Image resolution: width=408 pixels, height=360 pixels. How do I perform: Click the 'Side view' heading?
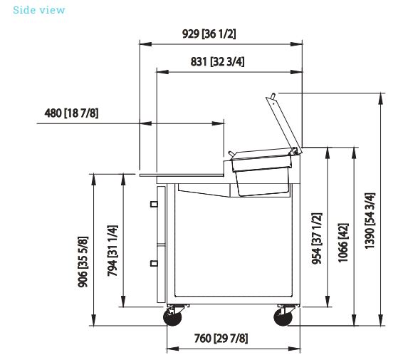tap(38, 10)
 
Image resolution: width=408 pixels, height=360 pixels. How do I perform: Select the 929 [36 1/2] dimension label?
tap(209, 34)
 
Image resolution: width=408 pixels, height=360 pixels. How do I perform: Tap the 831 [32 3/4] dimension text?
tap(218, 62)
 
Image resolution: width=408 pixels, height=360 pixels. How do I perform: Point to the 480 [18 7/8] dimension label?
tap(71, 113)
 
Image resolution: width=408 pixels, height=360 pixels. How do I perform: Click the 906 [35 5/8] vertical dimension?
tap(83, 262)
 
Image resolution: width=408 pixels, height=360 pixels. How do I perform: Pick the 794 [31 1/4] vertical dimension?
tap(113, 251)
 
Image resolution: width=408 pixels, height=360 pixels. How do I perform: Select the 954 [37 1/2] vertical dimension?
tap(317, 238)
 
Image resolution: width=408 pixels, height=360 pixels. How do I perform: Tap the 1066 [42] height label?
tap(343, 243)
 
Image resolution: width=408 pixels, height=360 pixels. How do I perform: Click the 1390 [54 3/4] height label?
tap(370, 221)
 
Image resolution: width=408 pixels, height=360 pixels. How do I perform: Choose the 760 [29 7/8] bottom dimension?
tap(221, 339)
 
